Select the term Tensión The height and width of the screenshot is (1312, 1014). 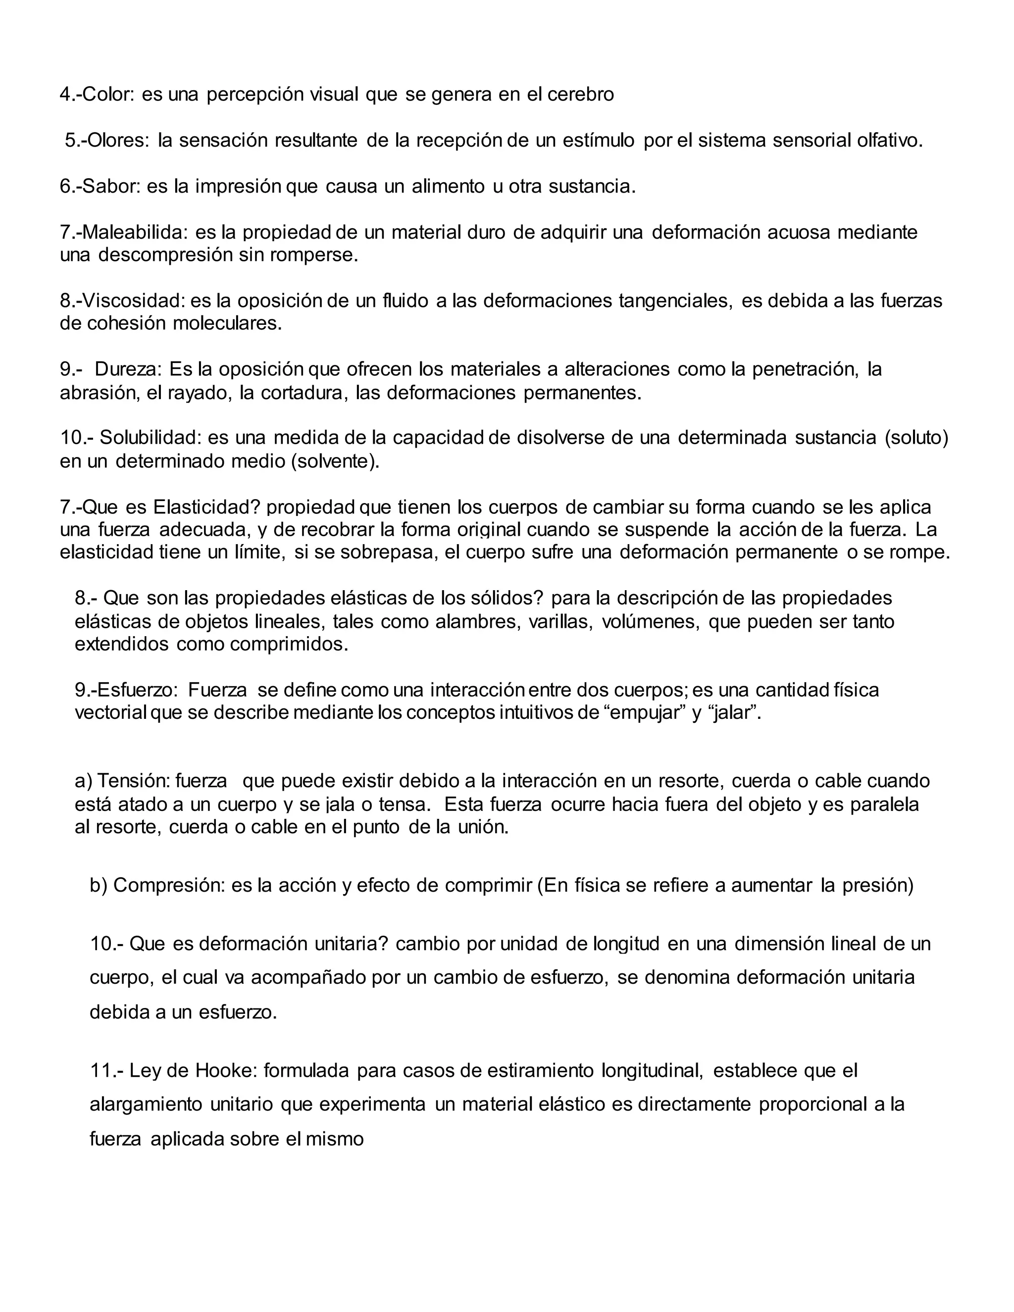click(x=133, y=781)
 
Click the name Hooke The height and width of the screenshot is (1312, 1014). click(x=226, y=1070)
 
